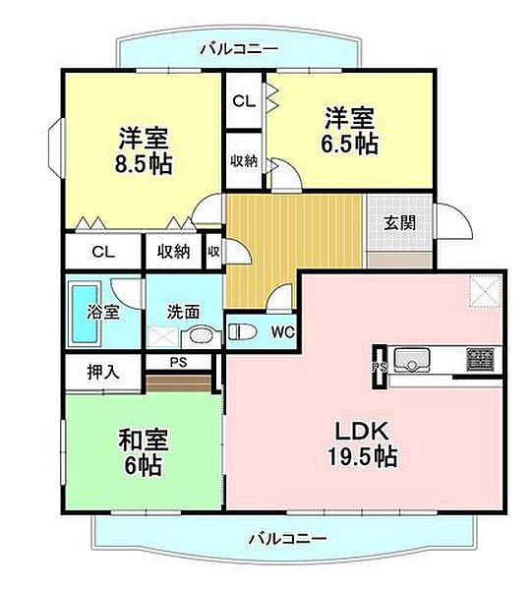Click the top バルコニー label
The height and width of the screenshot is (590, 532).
(x=238, y=48)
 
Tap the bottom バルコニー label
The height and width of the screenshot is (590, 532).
(x=287, y=538)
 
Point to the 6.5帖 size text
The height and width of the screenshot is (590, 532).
(x=351, y=145)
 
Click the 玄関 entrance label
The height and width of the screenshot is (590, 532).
(x=399, y=222)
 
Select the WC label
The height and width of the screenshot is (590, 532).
(x=281, y=331)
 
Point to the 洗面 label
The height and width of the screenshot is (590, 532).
(x=183, y=311)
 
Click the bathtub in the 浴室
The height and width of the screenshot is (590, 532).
(x=86, y=314)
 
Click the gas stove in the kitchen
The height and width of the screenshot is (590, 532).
(x=481, y=356)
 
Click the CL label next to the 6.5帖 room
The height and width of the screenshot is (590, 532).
(x=243, y=99)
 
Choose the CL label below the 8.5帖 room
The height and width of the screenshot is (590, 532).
(x=103, y=252)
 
